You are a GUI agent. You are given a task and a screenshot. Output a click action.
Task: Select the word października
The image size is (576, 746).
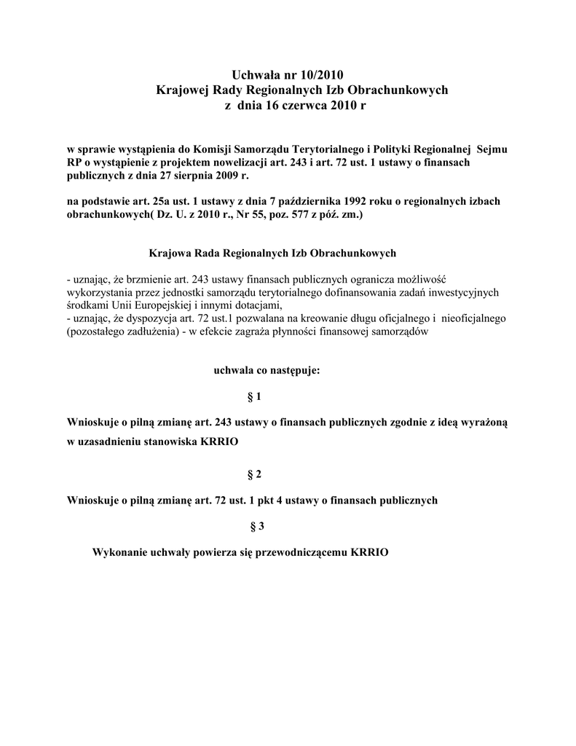(x=309, y=202)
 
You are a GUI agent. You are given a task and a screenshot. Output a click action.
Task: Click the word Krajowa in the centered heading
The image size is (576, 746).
(x=169, y=254)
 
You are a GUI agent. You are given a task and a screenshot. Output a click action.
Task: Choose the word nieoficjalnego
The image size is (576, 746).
(x=474, y=318)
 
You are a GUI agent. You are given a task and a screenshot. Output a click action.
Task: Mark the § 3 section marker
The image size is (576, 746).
(x=256, y=527)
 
